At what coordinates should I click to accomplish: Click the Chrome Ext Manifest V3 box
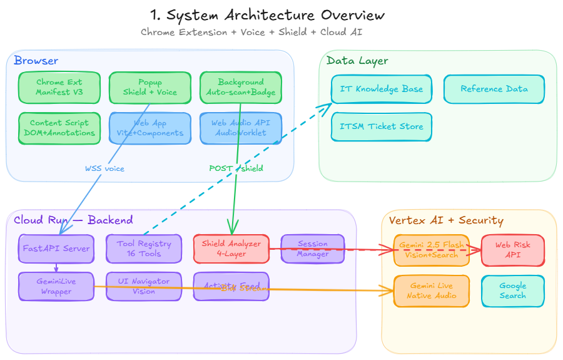59,87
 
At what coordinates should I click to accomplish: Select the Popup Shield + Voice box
150,87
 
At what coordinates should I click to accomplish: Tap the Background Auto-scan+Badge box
240,87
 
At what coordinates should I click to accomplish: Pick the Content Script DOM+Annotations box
59,128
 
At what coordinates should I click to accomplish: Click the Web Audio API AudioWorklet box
240,128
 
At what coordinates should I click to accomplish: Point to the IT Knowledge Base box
381,89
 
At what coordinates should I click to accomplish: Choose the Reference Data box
494,89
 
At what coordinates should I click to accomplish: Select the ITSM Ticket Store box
381,126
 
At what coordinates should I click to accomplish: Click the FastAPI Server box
56,249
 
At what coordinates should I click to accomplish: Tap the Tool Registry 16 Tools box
143,249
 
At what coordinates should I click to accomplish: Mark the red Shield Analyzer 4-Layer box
231,249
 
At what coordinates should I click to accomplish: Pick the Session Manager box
313,249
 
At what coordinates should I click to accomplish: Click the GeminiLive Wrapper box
56,286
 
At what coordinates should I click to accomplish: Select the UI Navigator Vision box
143,286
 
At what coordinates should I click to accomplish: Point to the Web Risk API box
512,250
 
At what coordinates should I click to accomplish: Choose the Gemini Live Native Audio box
432,291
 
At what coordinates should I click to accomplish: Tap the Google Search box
512,291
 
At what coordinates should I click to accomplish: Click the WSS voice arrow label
104,168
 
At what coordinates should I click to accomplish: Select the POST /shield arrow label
236,168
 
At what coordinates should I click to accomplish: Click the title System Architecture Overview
268,15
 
